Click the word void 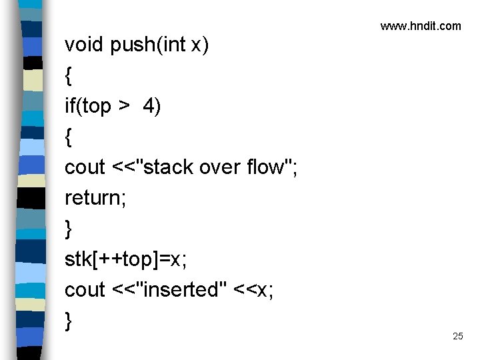click(x=84, y=45)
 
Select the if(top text click(x=88, y=106)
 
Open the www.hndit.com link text click(x=421, y=26)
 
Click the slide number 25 click(x=457, y=336)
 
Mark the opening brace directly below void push click(x=69, y=76)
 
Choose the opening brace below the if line click(x=69, y=137)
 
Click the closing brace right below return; click(x=69, y=229)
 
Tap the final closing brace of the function click(x=69, y=321)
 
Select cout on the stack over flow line click(x=85, y=167)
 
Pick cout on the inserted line click(x=85, y=290)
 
